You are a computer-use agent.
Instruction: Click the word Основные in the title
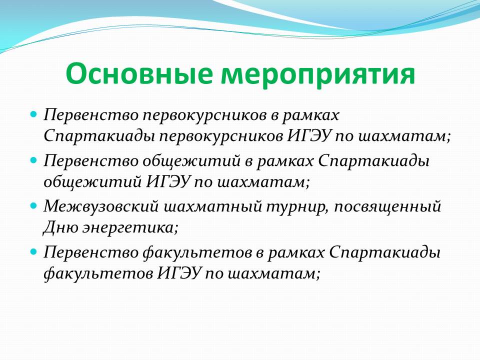(x=139, y=74)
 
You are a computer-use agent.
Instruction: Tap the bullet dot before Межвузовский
(x=33, y=205)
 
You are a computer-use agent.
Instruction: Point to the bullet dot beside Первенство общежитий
(x=33, y=160)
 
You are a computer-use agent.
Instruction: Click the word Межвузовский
(x=100, y=206)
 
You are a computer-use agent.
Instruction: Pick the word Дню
(x=60, y=228)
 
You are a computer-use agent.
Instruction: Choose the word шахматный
(x=213, y=206)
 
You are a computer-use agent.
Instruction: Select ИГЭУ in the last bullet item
(x=179, y=273)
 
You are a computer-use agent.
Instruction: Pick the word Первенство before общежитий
(x=90, y=160)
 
